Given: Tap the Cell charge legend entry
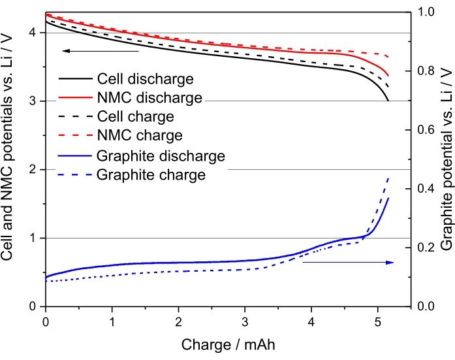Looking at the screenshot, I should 135,117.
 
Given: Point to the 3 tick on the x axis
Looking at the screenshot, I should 245,321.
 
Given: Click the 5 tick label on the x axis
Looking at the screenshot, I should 378,321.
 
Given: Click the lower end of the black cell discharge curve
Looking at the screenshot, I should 388,101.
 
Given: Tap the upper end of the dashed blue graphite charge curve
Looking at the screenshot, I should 389,159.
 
